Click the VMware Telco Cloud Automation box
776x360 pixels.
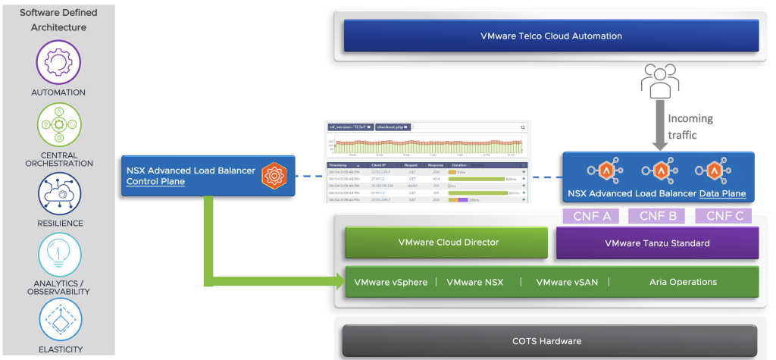point(551,36)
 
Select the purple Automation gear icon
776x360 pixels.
point(58,61)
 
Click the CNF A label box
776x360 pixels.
point(590,215)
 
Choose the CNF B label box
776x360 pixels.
point(657,215)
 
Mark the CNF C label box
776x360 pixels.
point(723,215)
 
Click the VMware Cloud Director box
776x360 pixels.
point(446,243)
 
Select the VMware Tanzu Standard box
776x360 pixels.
point(657,243)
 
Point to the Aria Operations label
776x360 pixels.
point(683,282)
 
